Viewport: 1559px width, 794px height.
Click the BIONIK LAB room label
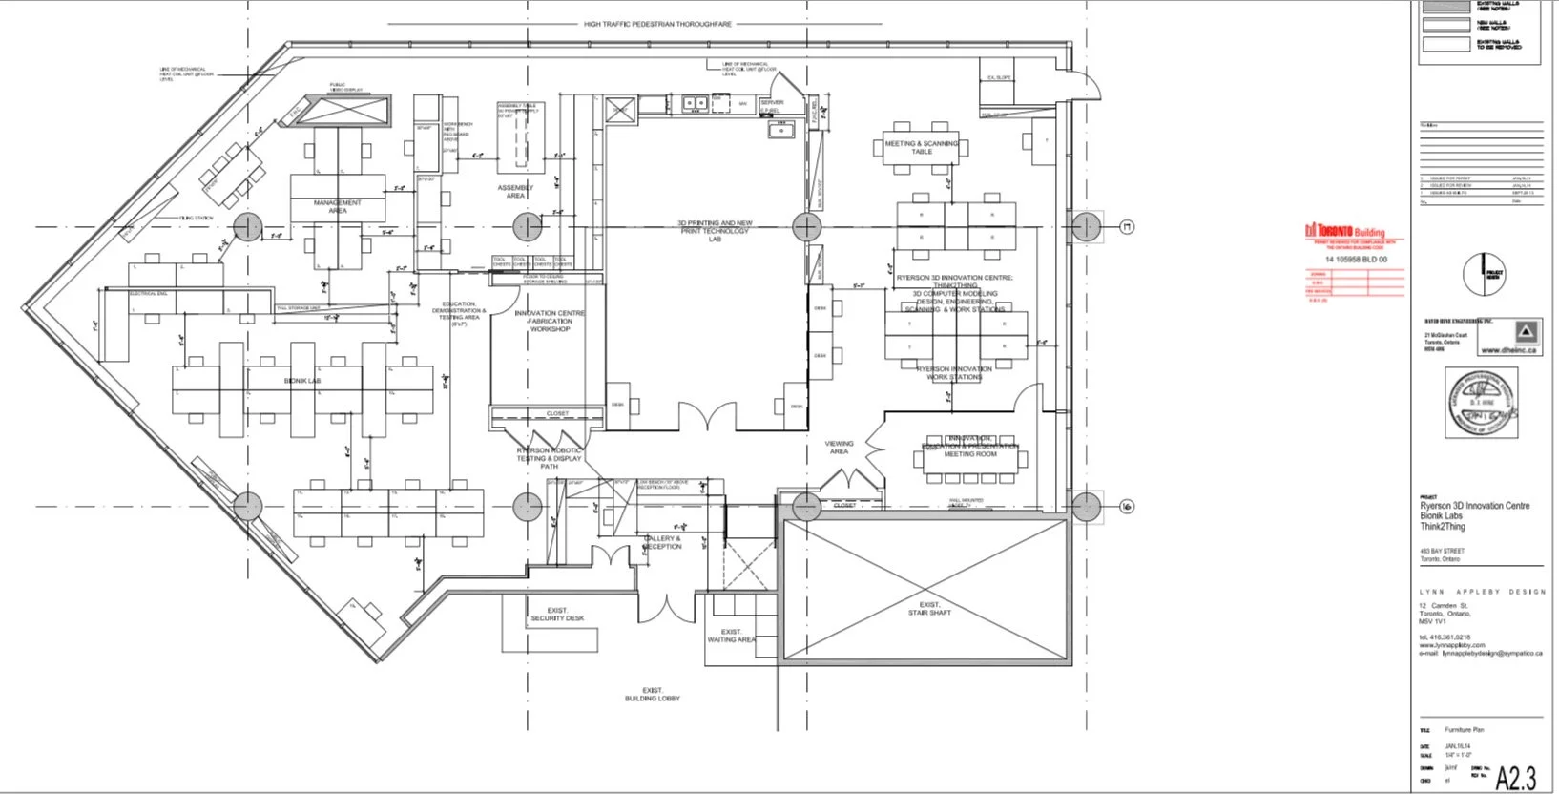pyautogui.click(x=302, y=381)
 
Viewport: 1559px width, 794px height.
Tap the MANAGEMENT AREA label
pyautogui.click(x=338, y=206)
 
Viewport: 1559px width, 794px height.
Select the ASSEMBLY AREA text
pyautogui.click(x=515, y=191)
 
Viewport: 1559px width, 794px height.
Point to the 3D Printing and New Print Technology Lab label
pyautogui.click(x=715, y=230)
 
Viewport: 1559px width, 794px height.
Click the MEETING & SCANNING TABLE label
pyautogui.click(x=922, y=147)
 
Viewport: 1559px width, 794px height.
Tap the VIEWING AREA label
pyautogui.click(x=839, y=447)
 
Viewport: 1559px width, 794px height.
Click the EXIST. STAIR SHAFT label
pyautogui.click(x=929, y=608)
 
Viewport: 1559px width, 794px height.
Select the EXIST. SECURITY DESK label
pyautogui.click(x=557, y=614)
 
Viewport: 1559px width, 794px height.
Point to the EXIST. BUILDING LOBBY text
pyautogui.click(x=654, y=694)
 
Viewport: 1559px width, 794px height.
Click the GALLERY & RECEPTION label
pyautogui.click(x=662, y=542)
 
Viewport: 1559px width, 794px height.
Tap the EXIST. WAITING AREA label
pyautogui.click(x=731, y=636)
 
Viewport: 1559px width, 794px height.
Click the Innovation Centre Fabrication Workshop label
pyautogui.click(x=550, y=321)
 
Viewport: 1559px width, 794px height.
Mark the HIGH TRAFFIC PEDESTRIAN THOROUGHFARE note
pyautogui.click(x=657, y=24)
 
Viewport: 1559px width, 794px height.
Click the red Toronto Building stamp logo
pyautogui.click(x=1344, y=232)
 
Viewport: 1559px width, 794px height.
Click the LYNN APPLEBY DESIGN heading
pyautogui.click(x=1482, y=592)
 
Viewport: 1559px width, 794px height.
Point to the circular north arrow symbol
pyautogui.click(x=1484, y=274)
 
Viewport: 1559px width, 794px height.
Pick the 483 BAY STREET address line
pyautogui.click(x=1442, y=551)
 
